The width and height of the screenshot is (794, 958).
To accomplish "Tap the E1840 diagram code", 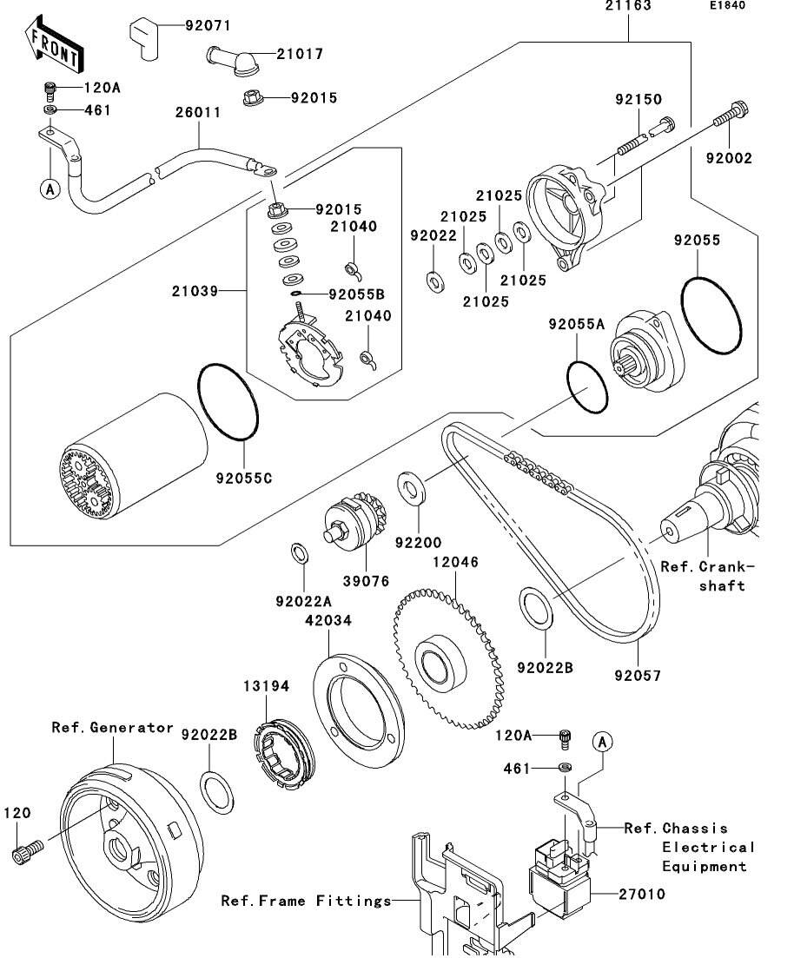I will (727, 6).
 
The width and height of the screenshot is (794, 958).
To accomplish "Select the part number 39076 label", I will (366, 579).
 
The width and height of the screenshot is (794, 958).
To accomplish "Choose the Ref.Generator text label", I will (112, 728).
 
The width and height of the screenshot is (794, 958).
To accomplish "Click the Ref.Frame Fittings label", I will (306, 901).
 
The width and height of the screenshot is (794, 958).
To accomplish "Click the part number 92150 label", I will (639, 101).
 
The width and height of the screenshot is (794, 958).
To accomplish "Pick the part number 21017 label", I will (300, 54).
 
